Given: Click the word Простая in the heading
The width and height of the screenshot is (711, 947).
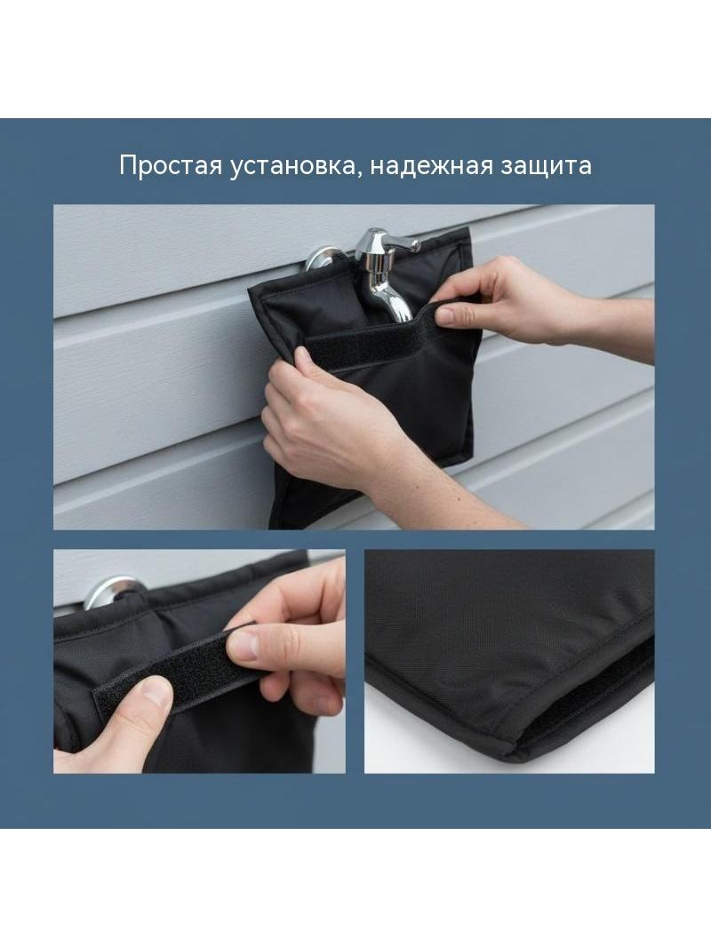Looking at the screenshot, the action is click(x=171, y=166).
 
